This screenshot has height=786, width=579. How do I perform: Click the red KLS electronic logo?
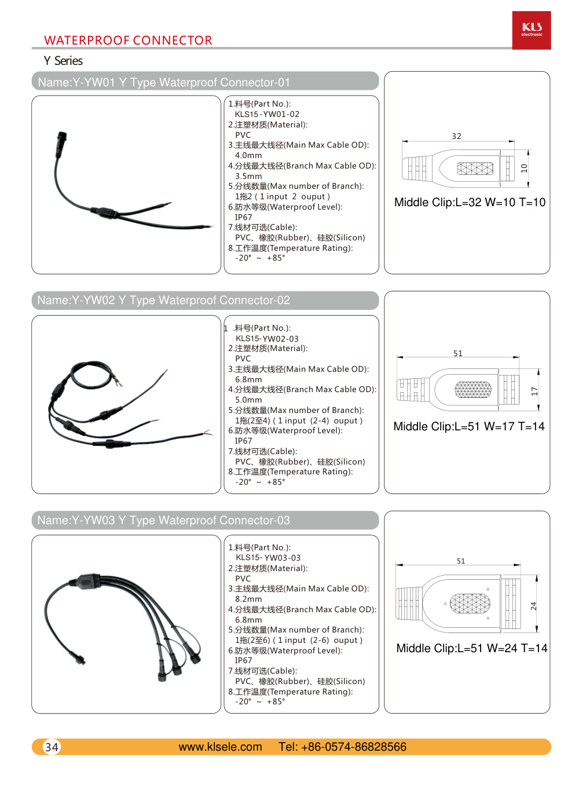click(532, 30)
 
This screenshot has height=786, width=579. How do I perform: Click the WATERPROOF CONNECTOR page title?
click(128, 41)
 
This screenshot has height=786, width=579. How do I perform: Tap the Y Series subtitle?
click(63, 61)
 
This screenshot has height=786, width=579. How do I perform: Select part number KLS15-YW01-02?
click(267, 114)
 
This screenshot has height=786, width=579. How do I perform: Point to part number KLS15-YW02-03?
click(267, 339)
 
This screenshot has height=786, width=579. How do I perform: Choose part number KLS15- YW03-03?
click(268, 558)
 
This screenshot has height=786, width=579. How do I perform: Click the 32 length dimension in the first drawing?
click(457, 136)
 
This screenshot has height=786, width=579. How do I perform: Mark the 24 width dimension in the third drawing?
click(533, 606)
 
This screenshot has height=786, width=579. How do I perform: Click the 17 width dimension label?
click(534, 392)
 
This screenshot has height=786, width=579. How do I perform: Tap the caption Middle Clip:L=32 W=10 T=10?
click(470, 202)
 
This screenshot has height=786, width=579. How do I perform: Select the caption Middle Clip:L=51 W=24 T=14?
click(471, 648)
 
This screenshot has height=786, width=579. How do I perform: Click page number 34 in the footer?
click(52, 747)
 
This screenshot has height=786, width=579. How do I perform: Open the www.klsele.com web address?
click(220, 747)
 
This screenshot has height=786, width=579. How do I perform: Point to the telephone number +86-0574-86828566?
click(342, 747)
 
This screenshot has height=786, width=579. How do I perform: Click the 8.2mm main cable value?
click(248, 599)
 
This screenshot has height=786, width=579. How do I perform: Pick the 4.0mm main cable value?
click(248, 155)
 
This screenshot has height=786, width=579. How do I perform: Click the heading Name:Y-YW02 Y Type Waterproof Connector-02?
click(163, 301)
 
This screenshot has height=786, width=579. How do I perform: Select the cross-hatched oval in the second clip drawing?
click(473, 389)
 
